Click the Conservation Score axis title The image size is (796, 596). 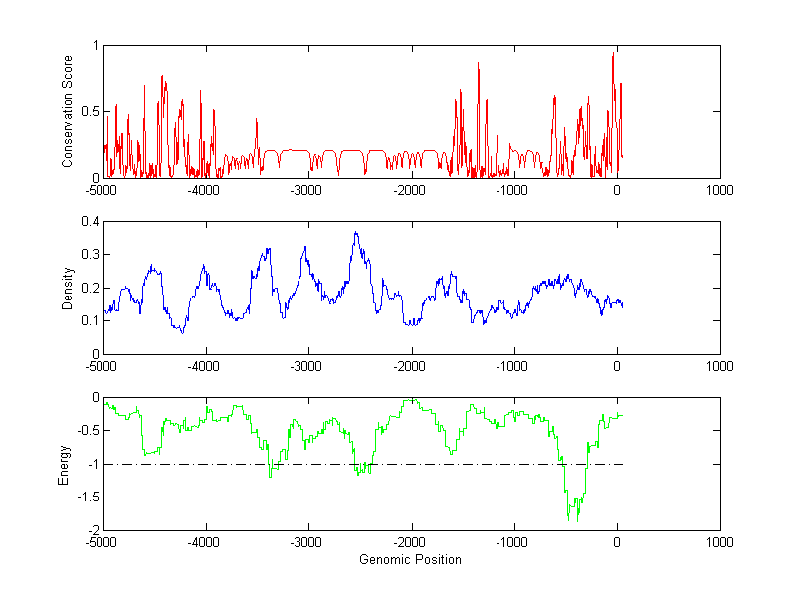[x=67, y=111]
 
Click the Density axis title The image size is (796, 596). [x=67, y=288]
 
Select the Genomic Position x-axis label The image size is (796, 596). [x=411, y=560]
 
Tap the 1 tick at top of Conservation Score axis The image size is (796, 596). [x=96, y=46]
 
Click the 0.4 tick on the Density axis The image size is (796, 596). [x=91, y=222]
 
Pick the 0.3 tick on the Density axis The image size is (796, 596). [x=91, y=255]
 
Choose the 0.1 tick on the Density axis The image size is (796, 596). [x=91, y=320]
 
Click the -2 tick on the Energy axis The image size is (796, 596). [x=93, y=530]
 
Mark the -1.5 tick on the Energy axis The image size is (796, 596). [x=89, y=497]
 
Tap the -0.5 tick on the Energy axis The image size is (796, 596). [x=89, y=431]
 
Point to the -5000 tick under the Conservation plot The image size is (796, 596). [x=102, y=190]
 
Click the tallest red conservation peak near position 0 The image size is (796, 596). [x=613, y=53]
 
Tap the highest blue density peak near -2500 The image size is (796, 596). [x=355, y=233]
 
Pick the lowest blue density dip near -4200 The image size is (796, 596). [x=182, y=332]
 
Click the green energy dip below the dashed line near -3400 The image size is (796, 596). [x=270, y=477]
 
